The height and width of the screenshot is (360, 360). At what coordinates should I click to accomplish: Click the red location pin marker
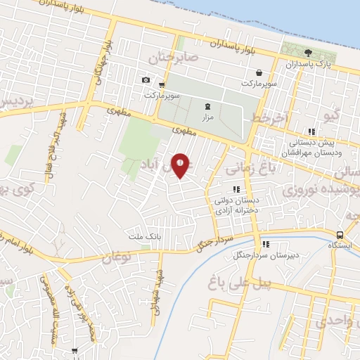pos(181,165)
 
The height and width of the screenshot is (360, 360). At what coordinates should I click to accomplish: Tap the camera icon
pos(146,80)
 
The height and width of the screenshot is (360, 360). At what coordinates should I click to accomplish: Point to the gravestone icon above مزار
pos(207,105)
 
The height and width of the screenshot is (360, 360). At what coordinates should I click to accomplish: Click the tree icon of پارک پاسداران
pos(307,53)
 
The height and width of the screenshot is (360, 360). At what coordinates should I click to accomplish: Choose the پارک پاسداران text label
pos(307,64)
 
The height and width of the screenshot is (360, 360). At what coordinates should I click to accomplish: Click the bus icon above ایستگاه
pos(340,235)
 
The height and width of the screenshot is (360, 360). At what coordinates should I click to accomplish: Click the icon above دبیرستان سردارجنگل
pos(266,244)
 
